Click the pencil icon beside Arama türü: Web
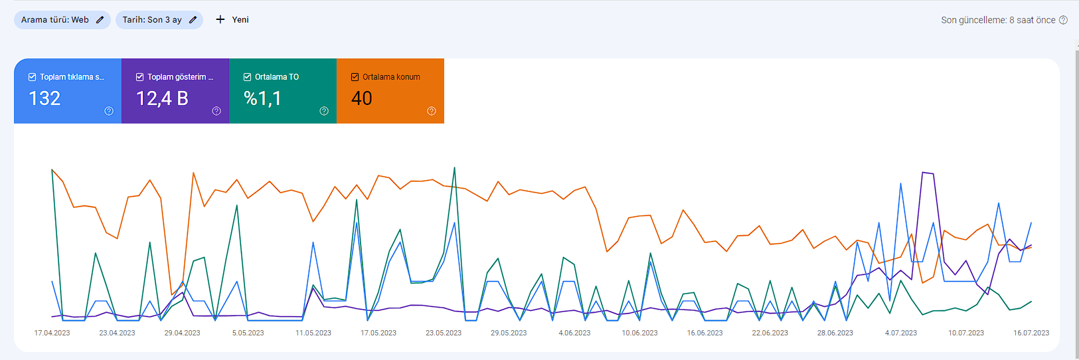point(100,20)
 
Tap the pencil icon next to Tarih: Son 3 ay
point(193,20)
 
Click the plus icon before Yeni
point(220,19)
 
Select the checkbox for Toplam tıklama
point(33,77)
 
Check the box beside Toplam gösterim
point(139,77)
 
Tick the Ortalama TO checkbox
point(247,77)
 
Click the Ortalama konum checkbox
point(355,77)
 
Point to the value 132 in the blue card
point(44,98)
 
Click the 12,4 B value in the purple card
point(162,98)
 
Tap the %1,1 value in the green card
point(262,98)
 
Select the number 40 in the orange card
point(362,98)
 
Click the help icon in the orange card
point(432,111)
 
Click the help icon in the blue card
point(109,111)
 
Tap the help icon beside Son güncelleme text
point(1063,20)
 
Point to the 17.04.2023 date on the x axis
point(52,333)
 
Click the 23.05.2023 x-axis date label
point(444,333)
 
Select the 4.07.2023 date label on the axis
point(901,333)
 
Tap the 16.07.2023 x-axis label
point(1031,333)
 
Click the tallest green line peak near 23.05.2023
point(454,167)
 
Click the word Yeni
point(240,20)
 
